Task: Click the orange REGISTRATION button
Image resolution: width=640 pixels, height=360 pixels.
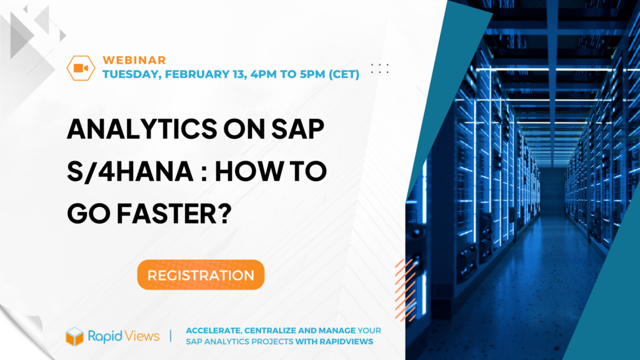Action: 201,275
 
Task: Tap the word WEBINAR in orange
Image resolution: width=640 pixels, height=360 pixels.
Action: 134,60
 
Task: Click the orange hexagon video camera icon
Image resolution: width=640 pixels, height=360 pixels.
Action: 81,67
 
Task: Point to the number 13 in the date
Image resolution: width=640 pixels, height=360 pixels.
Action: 239,74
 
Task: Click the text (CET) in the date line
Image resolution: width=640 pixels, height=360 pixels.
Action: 344,74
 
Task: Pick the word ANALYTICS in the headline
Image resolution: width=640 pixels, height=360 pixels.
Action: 142,129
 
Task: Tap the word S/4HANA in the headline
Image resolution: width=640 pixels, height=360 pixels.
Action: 130,171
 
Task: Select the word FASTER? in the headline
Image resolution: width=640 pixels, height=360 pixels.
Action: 174,214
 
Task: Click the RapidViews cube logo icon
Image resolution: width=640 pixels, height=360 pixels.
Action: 75,336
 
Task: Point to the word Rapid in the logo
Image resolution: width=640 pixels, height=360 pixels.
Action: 105,336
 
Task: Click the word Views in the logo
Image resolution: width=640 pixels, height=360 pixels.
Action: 142,336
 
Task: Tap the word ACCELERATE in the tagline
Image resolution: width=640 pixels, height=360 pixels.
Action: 214,331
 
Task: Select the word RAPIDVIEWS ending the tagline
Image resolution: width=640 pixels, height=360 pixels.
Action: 346,342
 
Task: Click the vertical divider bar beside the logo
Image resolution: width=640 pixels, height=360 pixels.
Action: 171,336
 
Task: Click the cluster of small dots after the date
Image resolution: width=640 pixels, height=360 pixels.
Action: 380,69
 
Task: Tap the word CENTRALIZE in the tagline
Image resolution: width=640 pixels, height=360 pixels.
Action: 271,331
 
